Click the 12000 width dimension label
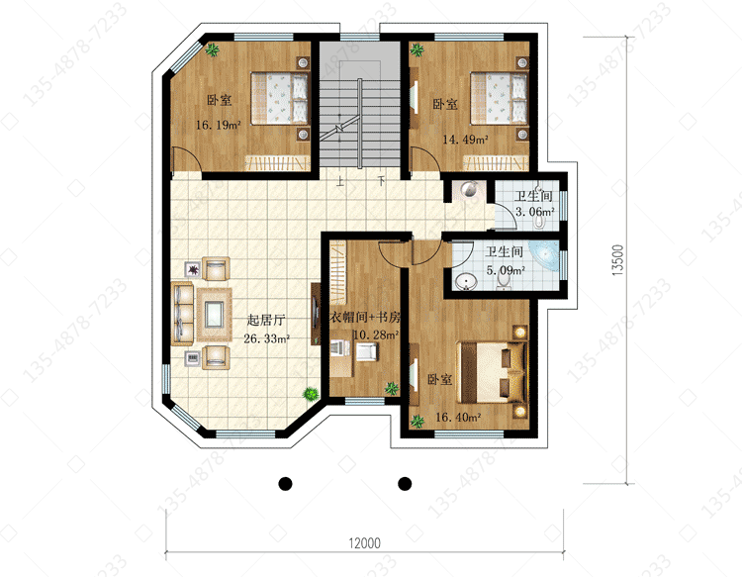(364, 543)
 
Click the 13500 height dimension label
(618, 260)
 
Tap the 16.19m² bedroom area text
(219, 125)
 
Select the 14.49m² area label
(465, 140)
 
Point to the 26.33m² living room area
(266, 338)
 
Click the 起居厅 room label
(266, 320)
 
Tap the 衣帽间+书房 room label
(365, 317)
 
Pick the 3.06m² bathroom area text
(534, 212)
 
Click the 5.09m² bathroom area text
(506, 270)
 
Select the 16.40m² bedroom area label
(458, 417)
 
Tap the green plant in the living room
(311, 393)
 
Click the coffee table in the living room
(214, 315)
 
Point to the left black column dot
(285, 483)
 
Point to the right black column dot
(405, 483)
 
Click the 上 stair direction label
(339, 182)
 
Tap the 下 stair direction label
(382, 181)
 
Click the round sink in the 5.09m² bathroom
(466, 283)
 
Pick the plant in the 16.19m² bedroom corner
(212, 49)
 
